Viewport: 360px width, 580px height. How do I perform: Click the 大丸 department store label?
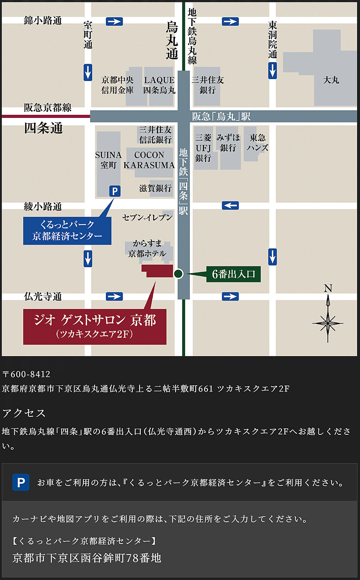tap(331, 80)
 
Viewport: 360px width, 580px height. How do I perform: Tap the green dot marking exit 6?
tap(178, 274)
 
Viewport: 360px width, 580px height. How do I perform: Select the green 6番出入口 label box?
tap(233, 274)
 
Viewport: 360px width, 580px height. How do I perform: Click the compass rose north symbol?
tap(328, 317)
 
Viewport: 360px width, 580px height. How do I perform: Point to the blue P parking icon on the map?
tap(115, 191)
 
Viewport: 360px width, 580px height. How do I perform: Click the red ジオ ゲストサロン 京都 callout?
tap(95, 326)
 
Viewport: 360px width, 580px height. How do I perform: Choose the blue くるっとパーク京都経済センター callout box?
tap(67, 231)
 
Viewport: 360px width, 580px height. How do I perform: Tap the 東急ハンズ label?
tap(257, 143)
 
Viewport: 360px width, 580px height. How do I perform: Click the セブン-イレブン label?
tap(147, 217)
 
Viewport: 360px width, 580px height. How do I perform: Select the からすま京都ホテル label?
tap(147, 248)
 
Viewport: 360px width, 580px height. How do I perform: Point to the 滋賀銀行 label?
tap(155, 188)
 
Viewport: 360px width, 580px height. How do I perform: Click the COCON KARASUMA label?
tap(149, 160)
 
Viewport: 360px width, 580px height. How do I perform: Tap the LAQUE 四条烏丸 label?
tap(159, 85)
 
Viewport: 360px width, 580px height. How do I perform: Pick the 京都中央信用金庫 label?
tap(117, 85)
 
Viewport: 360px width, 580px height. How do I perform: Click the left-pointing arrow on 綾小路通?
tap(230, 206)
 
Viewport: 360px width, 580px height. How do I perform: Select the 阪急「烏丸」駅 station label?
tap(221, 116)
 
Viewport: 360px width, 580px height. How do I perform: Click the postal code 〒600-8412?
tap(26, 374)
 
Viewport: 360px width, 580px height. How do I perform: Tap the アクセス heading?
tap(24, 413)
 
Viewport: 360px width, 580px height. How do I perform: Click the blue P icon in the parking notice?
tap(21, 482)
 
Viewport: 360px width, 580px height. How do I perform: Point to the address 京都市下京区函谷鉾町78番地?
tap(87, 558)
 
